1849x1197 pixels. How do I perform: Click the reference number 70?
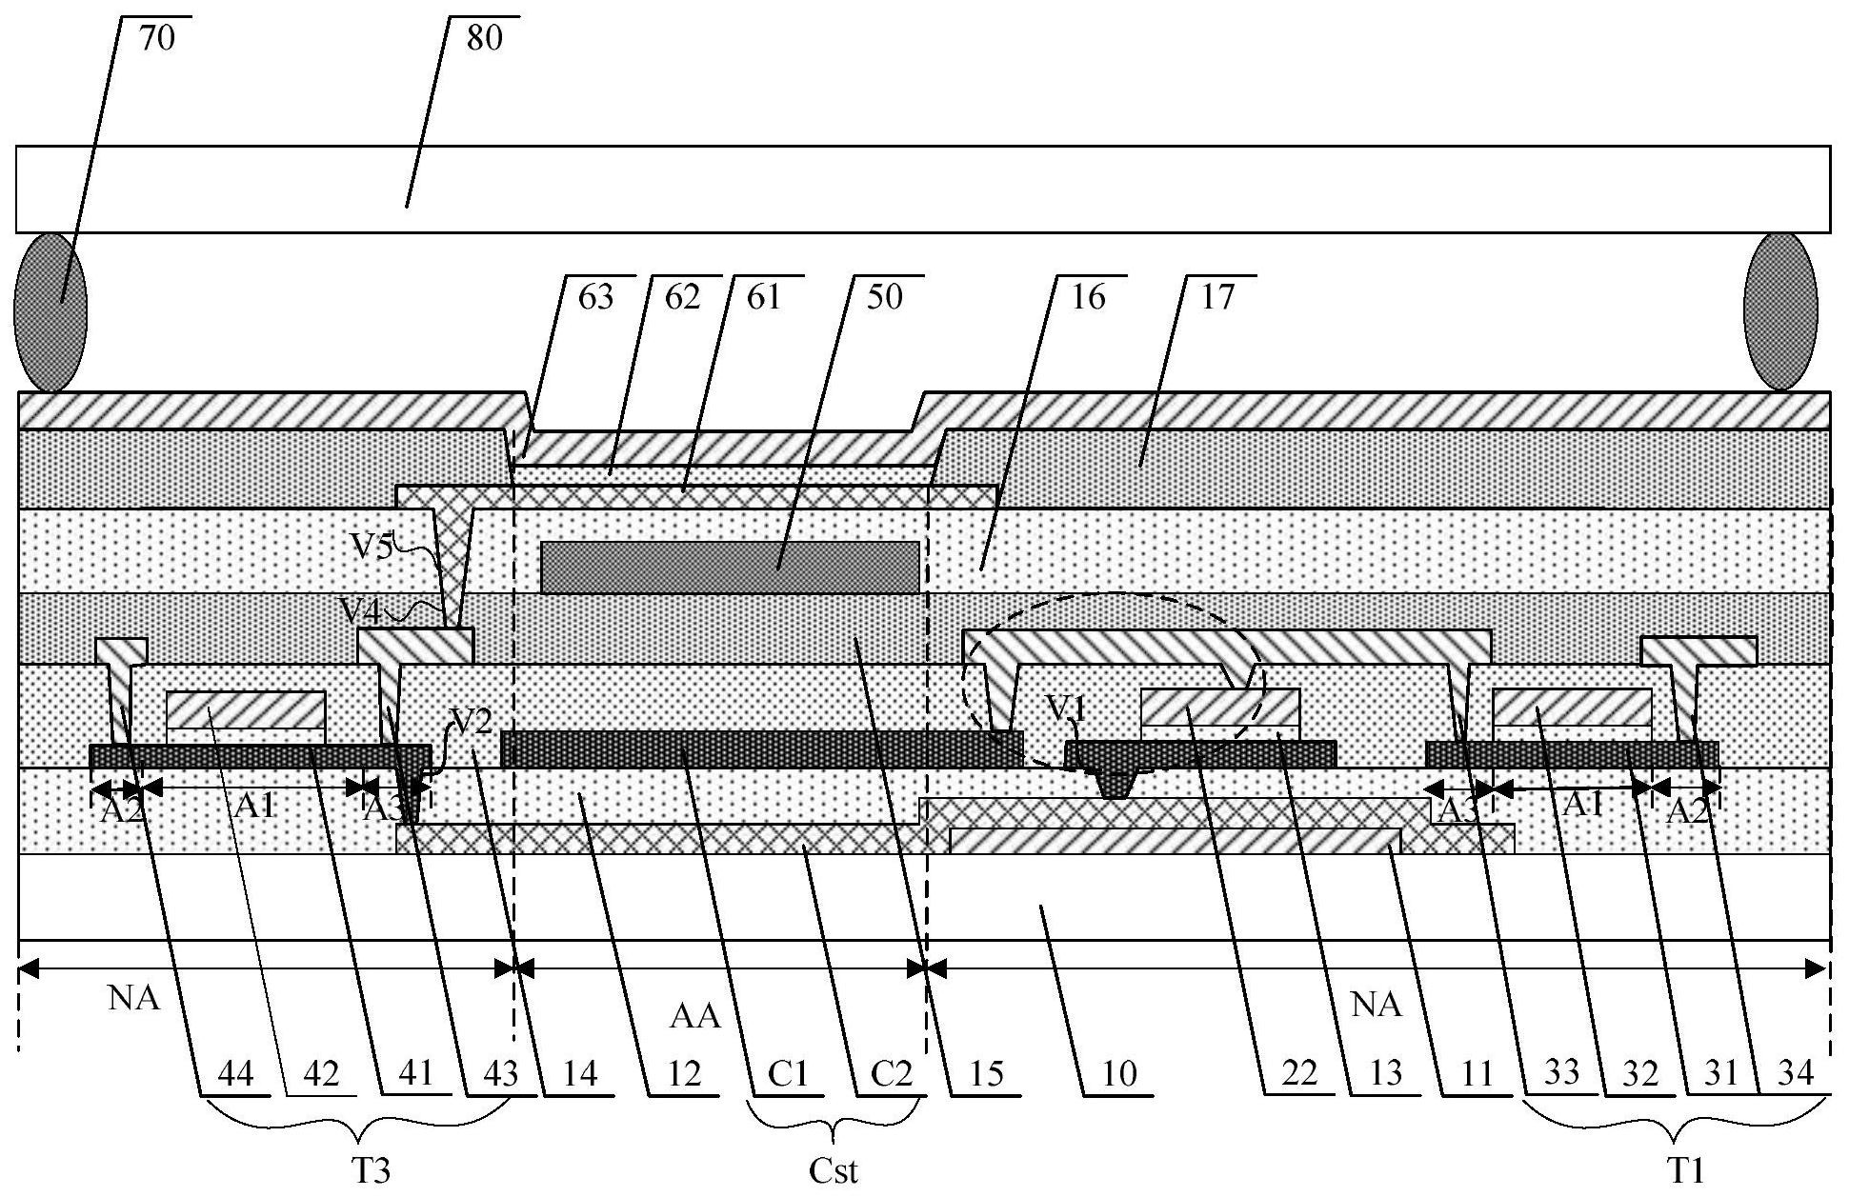tap(157, 41)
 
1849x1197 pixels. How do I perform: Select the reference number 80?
tap(484, 41)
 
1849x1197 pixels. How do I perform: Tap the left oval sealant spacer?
tap(50, 311)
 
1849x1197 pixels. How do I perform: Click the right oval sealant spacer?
tap(1779, 311)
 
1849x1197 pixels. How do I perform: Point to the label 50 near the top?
tap(883, 297)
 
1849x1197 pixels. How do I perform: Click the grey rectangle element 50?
tap(730, 567)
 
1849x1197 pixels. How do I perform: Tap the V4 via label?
tap(360, 607)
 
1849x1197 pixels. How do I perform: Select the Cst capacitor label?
tap(834, 1170)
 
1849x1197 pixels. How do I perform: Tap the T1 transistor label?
tap(1688, 1170)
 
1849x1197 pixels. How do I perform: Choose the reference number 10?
tap(1119, 1074)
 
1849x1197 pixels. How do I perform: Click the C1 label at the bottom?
tap(788, 1074)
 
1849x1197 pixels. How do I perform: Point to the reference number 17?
tap(1216, 297)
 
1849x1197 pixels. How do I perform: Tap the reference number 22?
tap(1297, 1074)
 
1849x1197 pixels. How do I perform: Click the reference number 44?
tap(235, 1074)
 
